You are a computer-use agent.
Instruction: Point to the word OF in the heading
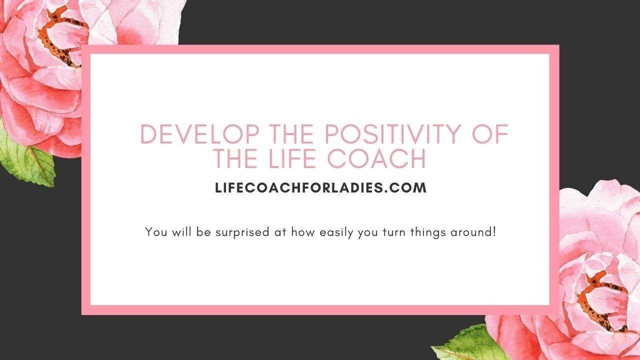[x=490, y=135]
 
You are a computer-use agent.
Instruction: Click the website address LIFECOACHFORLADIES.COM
[x=320, y=188]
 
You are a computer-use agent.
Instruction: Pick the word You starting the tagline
[x=153, y=232]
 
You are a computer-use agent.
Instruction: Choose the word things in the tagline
[x=425, y=232]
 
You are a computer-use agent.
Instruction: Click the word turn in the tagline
[x=392, y=232]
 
